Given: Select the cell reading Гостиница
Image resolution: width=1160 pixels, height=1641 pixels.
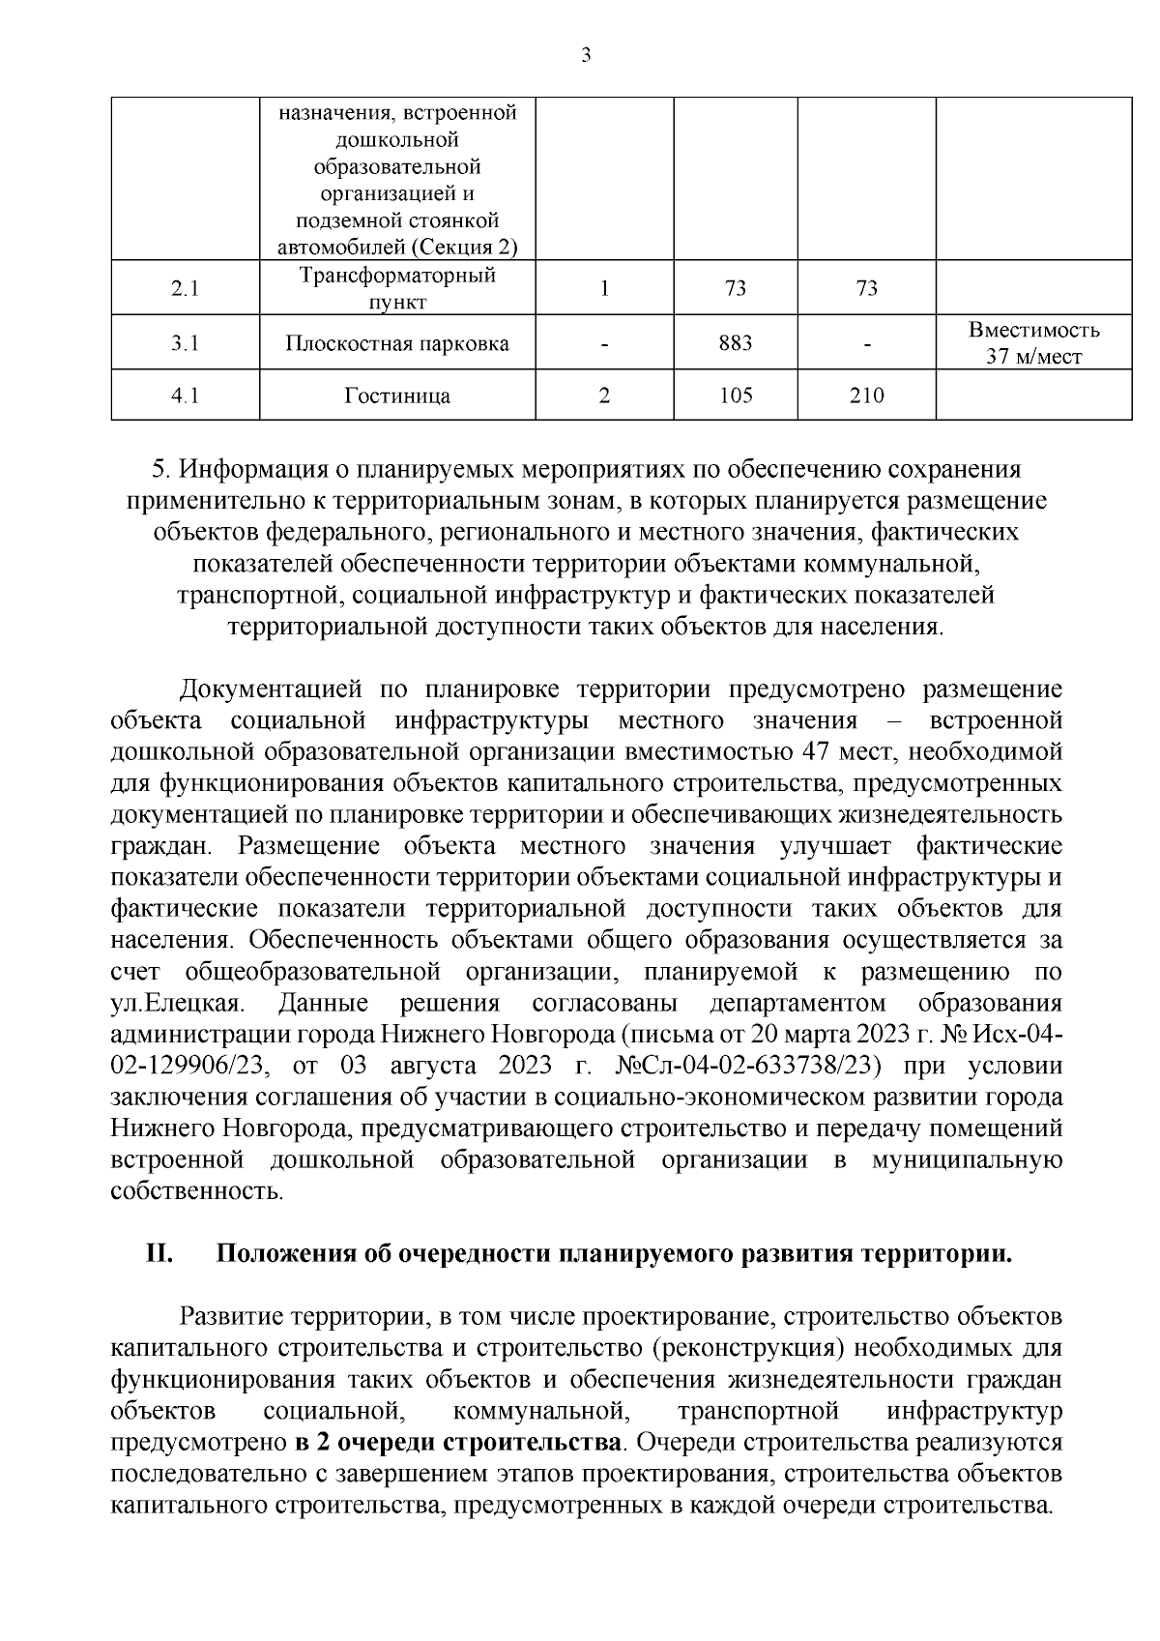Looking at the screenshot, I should (397, 396).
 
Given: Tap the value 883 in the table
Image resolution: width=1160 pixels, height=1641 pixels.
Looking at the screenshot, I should (736, 342).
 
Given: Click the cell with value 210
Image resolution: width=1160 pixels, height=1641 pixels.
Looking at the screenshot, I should (866, 396).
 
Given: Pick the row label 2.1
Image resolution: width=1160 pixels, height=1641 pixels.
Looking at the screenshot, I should (185, 288).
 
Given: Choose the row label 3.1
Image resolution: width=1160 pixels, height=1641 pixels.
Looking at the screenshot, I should (185, 343).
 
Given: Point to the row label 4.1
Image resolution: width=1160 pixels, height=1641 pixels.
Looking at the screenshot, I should (185, 396).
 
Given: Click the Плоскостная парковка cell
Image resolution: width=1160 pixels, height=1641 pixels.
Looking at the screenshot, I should (397, 343).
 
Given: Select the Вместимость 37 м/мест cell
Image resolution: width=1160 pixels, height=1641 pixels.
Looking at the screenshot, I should (1033, 343).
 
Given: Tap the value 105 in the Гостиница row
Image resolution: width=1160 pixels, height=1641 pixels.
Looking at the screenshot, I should (736, 396).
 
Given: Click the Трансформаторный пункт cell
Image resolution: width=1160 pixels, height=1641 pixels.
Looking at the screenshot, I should (397, 288).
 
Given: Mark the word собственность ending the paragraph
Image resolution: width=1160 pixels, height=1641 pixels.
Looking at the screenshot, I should (196, 1191).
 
